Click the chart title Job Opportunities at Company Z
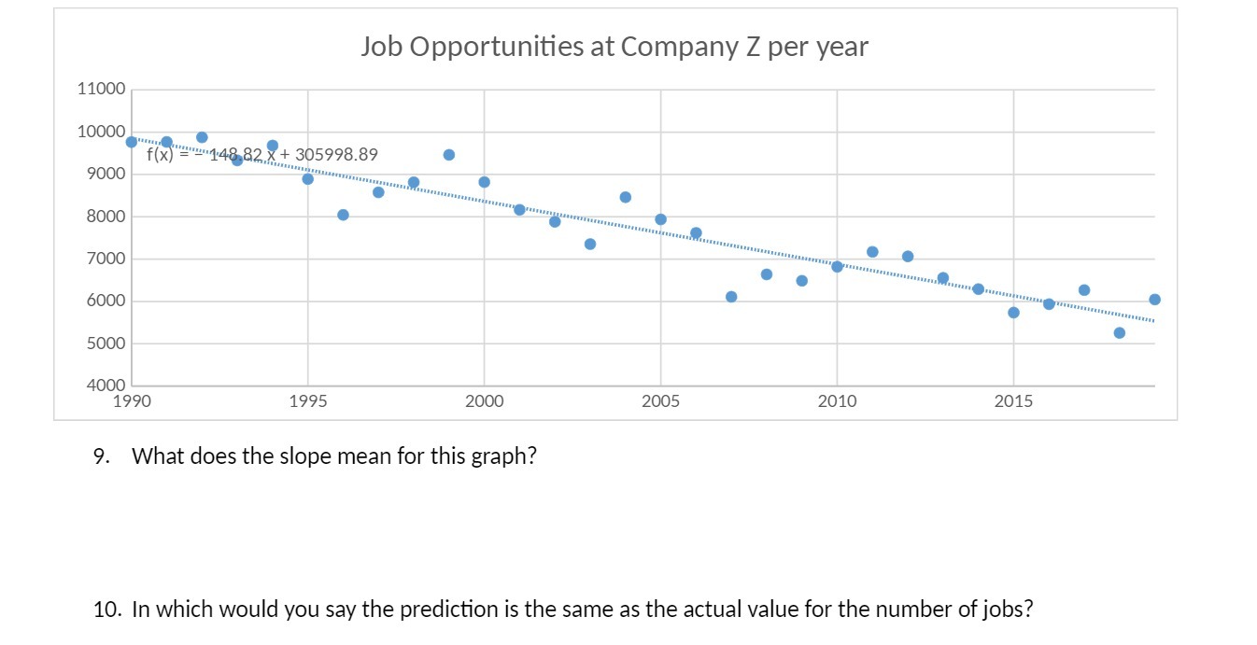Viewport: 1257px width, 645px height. pos(614,47)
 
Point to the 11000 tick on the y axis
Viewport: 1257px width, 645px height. pos(101,90)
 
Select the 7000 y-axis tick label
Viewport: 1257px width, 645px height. pos(101,259)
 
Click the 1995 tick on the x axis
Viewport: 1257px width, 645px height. pos(307,402)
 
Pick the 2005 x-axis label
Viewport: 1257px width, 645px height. pos(660,402)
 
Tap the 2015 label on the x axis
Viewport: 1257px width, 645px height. pos(1013,402)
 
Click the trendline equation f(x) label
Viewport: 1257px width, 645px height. pos(262,155)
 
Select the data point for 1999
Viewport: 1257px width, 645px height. pos(449,155)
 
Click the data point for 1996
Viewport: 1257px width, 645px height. pos(343,215)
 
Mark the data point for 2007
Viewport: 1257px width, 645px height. pos(731,297)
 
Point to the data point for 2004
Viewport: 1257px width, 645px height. pos(626,197)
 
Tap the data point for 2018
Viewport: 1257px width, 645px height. pos(1120,333)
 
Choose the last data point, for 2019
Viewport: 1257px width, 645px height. pos(1154,300)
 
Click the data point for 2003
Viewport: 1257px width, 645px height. pos(590,245)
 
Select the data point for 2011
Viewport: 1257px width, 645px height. pos(872,252)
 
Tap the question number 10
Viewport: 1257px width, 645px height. pos(106,610)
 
